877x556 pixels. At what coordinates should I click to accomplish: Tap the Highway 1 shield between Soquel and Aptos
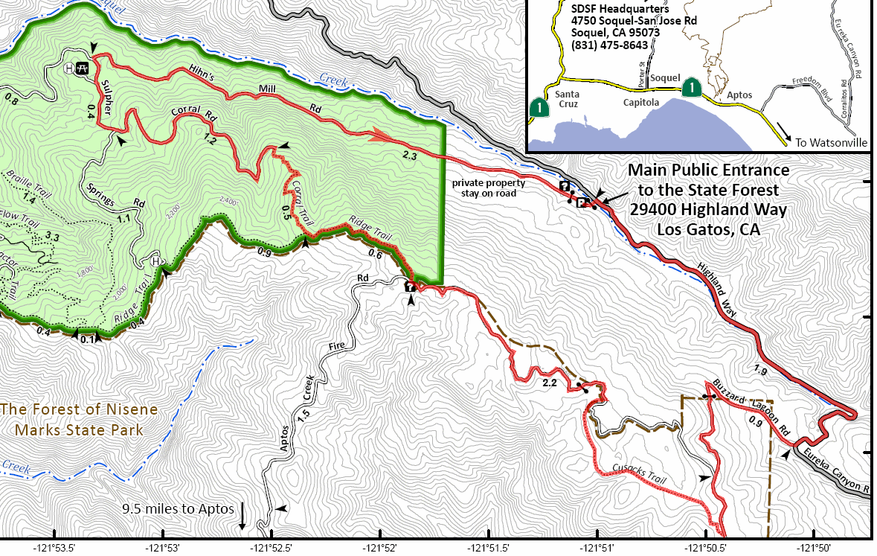click(692, 88)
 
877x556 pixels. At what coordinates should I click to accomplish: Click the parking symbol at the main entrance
click(582, 202)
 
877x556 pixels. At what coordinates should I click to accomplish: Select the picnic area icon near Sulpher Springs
click(83, 68)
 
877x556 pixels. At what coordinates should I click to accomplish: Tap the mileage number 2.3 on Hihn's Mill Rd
click(409, 156)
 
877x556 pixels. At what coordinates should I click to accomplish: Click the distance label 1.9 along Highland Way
click(760, 370)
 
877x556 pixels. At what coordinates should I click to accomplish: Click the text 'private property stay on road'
click(489, 188)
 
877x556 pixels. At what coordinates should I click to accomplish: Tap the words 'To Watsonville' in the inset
click(831, 141)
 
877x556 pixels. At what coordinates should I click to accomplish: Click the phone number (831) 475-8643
click(609, 45)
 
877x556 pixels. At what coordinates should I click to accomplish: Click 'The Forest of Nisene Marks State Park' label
click(79, 420)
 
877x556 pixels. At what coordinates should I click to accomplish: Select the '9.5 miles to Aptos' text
click(178, 509)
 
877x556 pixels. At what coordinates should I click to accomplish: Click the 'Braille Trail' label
click(21, 185)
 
